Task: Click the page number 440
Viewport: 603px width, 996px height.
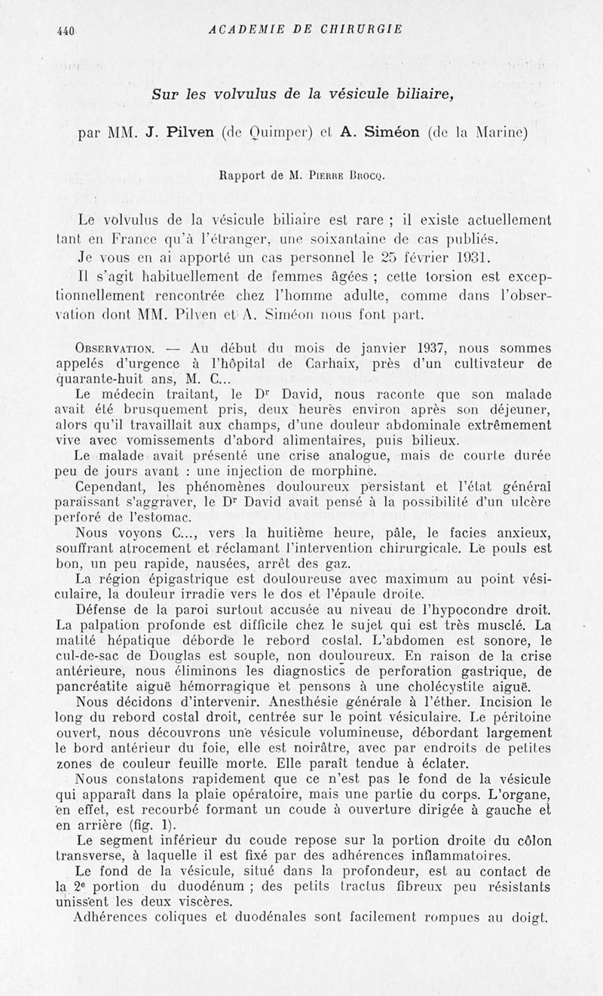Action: [66, 30]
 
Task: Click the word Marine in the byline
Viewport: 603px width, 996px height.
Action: [500, 134]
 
